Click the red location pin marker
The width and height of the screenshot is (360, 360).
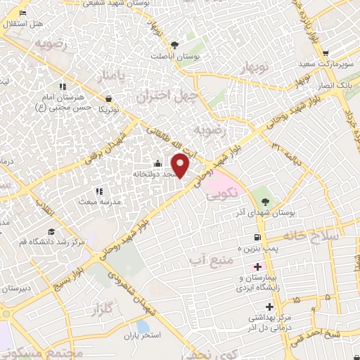pyautogui.click(x=181, y=165)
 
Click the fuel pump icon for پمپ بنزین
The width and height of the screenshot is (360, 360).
pyautogui.click(x=258, y=237)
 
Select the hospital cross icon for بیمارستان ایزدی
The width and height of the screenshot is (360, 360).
pyautogui.click(x=257, y=267)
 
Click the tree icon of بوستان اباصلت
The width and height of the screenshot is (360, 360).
pyautogui.click(x=185, y=44)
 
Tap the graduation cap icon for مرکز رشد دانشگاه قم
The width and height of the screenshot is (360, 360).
pyautogui.click(x=51, y=231)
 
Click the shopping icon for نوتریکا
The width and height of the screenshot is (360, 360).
pyautogui.click(x=108, y=99)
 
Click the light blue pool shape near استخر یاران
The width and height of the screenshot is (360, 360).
pyautogui.click(x=143, y=327)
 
